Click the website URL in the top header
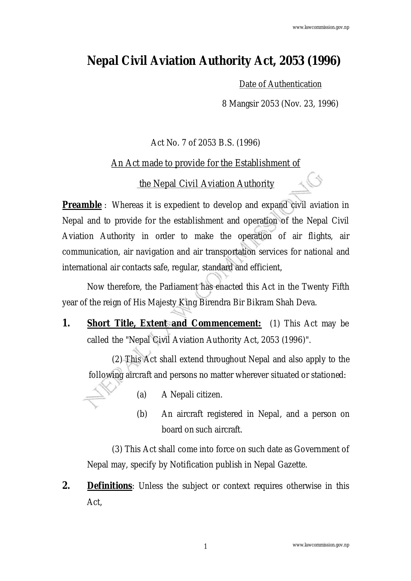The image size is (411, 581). coord(320,28)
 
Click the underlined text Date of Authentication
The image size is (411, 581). coord(280,84)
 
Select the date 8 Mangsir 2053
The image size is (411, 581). coord(250,104)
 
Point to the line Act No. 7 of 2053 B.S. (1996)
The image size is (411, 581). coord(205,143)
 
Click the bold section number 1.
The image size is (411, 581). coord(66,323)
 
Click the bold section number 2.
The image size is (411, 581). coord(66,486)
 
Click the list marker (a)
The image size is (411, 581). coord(141,394)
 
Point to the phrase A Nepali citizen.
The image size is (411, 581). coord(192,394)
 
